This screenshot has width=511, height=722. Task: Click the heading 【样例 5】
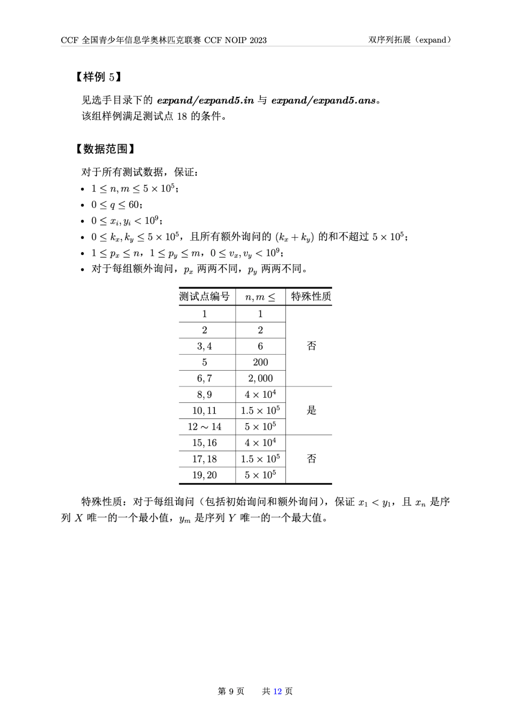98,77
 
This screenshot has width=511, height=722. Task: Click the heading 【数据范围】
105,149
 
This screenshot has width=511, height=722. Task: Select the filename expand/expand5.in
205,100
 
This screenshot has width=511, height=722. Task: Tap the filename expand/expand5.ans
324,100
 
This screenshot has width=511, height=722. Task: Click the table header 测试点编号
204,296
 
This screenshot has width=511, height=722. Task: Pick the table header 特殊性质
311,296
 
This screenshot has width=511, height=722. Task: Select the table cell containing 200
260,362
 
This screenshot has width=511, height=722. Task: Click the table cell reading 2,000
260,378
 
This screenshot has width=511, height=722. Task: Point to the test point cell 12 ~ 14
204,426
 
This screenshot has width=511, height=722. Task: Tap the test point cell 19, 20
204,475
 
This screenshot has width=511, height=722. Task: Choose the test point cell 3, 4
204,346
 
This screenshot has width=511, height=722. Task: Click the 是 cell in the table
311,410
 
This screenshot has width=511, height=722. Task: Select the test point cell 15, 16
204,443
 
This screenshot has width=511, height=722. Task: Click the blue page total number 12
277,691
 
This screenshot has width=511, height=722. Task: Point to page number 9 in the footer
231,691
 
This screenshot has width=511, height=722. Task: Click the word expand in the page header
432,40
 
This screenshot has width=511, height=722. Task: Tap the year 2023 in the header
258,40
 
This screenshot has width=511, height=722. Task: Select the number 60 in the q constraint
134,205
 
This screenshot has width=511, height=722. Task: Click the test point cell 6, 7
204,378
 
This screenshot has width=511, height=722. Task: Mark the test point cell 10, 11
204,410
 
